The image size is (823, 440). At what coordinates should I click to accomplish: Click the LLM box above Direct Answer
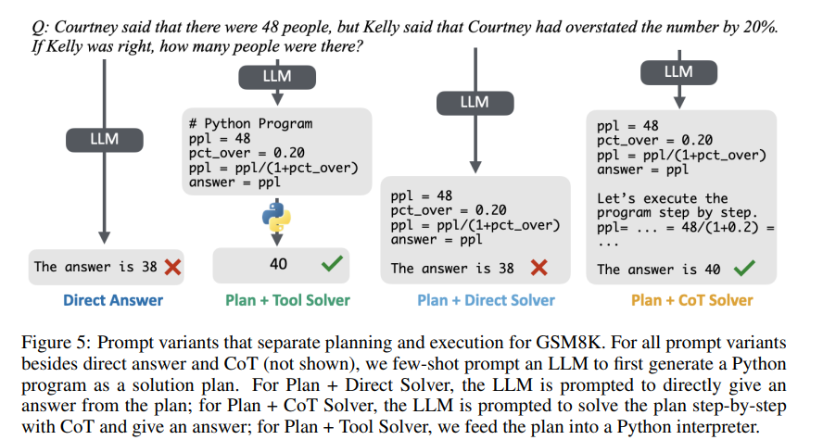pyautogui.click(x=104, y=140)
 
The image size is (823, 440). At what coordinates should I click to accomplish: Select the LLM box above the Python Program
pyautogui.click(x=277, y=77)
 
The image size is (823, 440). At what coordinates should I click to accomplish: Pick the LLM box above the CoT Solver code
pyautogui.click(x=678, y=71)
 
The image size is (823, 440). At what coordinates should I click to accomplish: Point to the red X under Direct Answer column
pyautogui.click(x=171, y=267)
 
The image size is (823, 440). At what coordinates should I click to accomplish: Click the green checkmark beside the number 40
pyautogui.click(x=332, y=264)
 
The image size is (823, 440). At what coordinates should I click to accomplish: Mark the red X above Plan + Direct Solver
pyautogui.click(x=537, y=269)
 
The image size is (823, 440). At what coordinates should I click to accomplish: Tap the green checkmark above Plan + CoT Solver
pyautogui.click(x=742, y=270)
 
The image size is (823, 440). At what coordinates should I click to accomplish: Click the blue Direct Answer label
pyautogui.click(x=113, y=300)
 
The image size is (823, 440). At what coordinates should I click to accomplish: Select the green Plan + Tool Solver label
pyautogui.click(x=287, y=300)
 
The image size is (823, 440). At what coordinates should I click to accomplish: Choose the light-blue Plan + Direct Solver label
pyautogui.click(x=486, y=300)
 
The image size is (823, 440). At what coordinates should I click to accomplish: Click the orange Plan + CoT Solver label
pyautogui.click(x=691, y=300)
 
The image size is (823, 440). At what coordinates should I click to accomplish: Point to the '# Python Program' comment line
pyautogui.click(x=250, y=123)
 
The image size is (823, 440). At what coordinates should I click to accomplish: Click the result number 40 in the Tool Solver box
pyautogui.click(x=278, y=264)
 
